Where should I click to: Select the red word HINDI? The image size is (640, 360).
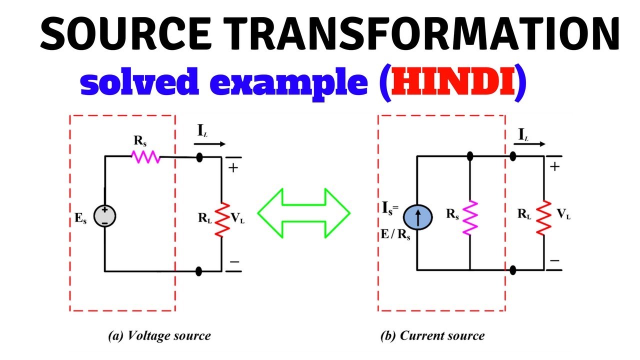pyautogui.click(x=453, y=83)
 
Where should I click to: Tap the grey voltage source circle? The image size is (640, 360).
pyautogui.click(x=105, y=216)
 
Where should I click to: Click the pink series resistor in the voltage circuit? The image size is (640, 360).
pyautogui.click(x=146, y=157)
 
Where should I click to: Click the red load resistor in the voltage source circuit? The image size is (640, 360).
pyautogui.click(x=222, y=218)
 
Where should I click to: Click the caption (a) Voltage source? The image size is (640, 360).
pyautogui.click(x=159, y=336)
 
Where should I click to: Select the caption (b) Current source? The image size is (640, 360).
pyautogui.click(x=432, y=335)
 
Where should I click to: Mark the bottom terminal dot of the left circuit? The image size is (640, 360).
pyautogui.click(x=199, y=271)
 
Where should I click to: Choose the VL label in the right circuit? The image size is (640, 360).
pyautogui.click(x=564, y=215)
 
